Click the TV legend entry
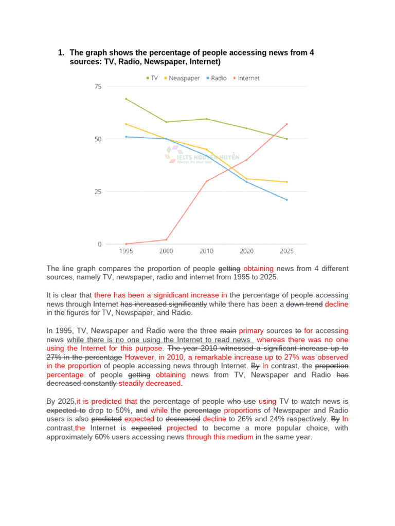tap(152, 78)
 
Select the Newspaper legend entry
tap(182, 78)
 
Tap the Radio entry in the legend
tap(218, 78)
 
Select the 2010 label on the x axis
tap(206, 251)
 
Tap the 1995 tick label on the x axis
tap(126, 251)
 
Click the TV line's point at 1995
tap(126, 99)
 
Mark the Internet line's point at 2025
tap(286, 124)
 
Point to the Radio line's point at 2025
tap(286, 200)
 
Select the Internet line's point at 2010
tap(206, 181)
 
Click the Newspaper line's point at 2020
tap(246, 179)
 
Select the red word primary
tap(251, 331)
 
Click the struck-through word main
tap(228, 331)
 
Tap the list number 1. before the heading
tap(61, 53)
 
